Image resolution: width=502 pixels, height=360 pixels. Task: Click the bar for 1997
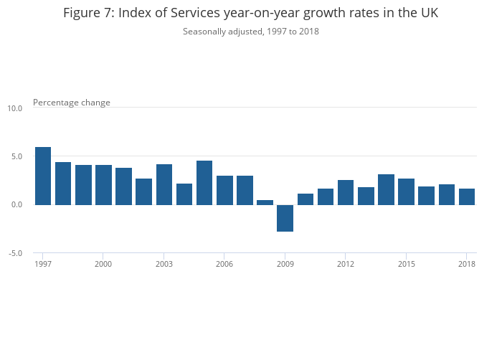pyautogui.click(x=43, y=176)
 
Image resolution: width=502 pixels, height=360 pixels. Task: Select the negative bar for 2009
pyautogui.click(x=285, y=218)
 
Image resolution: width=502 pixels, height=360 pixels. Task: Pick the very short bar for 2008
pyautogui.click(x=265, y=202)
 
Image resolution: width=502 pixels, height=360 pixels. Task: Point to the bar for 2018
pyautogui.click(x=467, y=196)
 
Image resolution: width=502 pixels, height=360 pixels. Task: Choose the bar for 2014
pyautogui.click(x=386, y=189)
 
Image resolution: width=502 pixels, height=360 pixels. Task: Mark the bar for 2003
pyautogui.click(x=164, y=184)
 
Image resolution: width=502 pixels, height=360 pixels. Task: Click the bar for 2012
pyautogui.click(x=346, y=192)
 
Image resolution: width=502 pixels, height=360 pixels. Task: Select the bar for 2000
pyautogui.click(x=103, y=185)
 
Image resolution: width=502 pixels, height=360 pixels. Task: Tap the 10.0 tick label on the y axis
pyautogui.click(x=15, y=108)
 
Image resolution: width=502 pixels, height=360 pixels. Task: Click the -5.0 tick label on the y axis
pyautogui.click(x=15, y=253)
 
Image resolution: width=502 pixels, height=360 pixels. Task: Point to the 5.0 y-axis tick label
pyautogui.click(x=16, y=156)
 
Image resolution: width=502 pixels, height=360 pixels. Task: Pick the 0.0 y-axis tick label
pyautogui.click(x=16, y=205)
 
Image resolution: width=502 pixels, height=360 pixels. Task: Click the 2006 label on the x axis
pyautogui.click(x=224, y=263)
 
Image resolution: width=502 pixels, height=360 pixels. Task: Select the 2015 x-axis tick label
pyautogui.click(x=406, y=263)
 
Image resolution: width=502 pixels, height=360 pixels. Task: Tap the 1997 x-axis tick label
pyautogui.click(x=43, y=263)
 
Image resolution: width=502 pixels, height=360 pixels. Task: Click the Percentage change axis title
pyautogui.click(x=72, y=103)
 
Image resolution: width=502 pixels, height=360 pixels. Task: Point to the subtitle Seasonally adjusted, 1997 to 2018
pyautogui.click(x=251, y=32)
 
